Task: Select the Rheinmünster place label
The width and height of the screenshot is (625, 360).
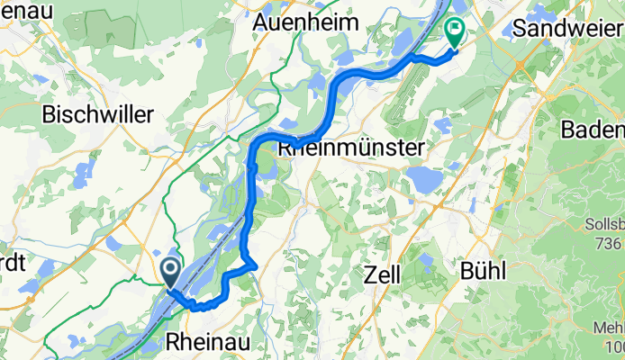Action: click(x=352, y=146)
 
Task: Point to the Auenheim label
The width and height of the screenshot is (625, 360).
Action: click(x=299, y=21)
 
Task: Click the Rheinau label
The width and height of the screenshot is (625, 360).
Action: click(x=207, y=342)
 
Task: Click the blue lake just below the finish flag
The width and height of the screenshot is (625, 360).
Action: click(x=440, y=126)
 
